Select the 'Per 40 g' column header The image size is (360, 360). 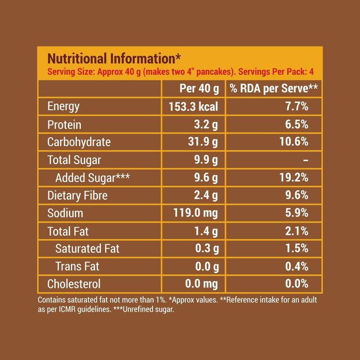(x=199, y=89)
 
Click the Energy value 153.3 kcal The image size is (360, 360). (x=193, y=107)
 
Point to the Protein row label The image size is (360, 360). (x=64, y=125)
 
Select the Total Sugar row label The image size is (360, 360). (x=74, y=160)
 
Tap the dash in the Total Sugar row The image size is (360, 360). (x=306, y=160)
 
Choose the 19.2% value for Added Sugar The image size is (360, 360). (x=293, y=178)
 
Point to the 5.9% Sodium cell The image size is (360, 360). (x=296, y=213)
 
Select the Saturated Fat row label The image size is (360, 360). (x=87, y=249)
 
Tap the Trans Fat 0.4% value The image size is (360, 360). (x=296, y=266)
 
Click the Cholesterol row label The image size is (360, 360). (x=74, y=284)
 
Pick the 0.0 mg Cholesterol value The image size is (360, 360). (x=202, y=284)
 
